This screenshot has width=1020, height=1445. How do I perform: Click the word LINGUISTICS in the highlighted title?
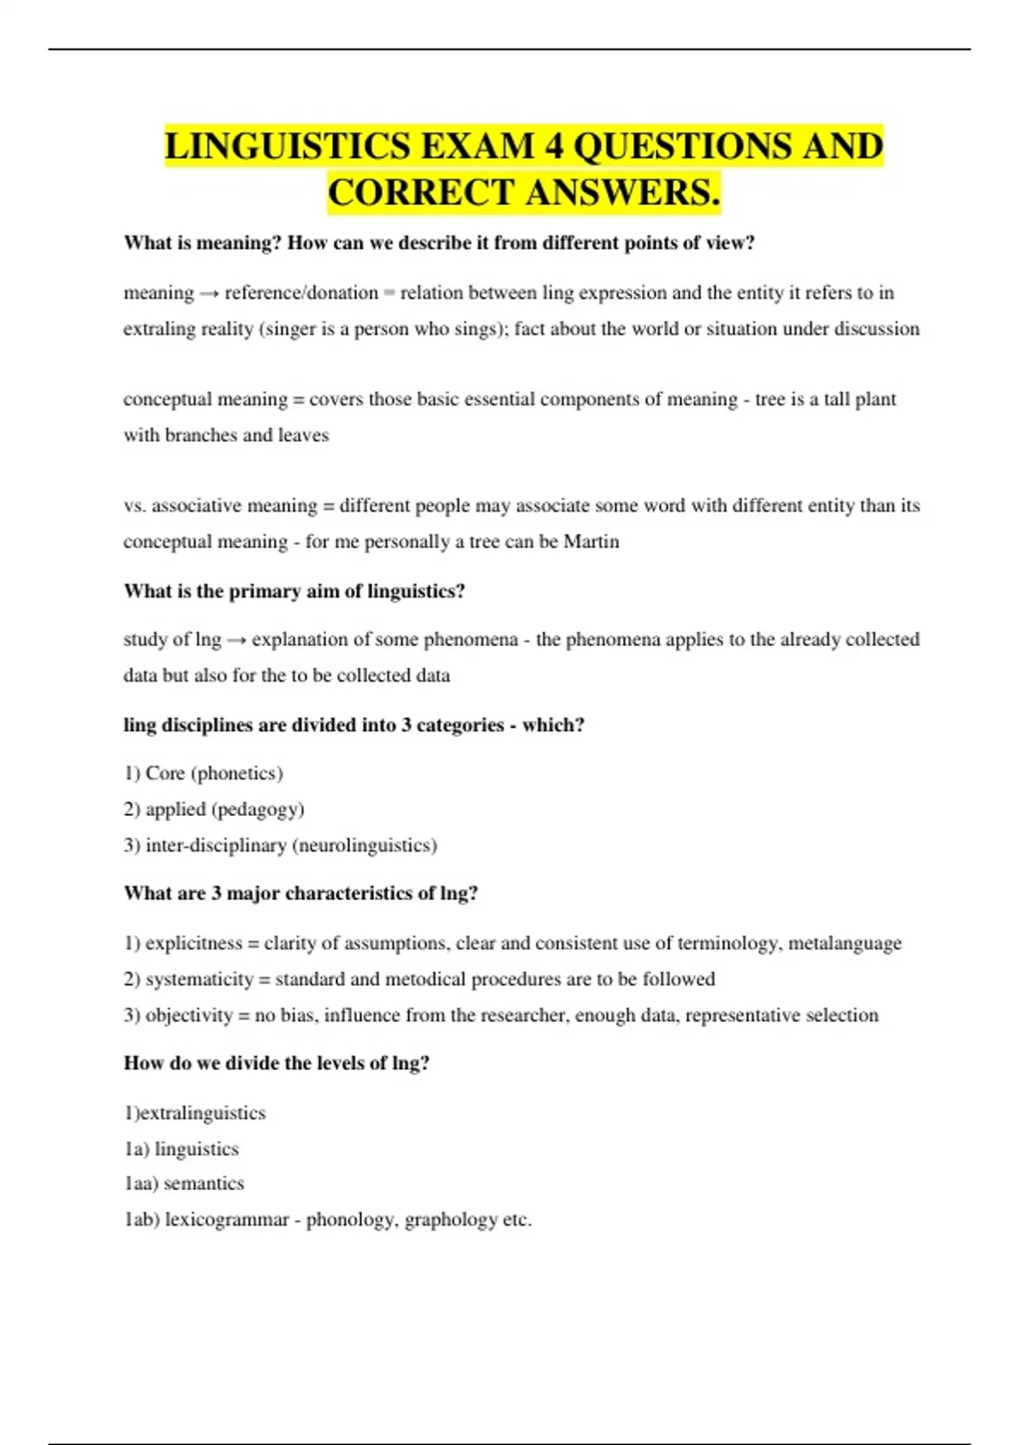[x=286, y=146]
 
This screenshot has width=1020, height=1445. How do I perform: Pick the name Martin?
[x=592, y=541]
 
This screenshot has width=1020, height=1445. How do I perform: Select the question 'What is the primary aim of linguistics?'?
[x=294, y=591]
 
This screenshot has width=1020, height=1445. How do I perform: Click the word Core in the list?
[x=165, y=773]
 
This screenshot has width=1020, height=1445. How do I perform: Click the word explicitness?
[x=194, y=943]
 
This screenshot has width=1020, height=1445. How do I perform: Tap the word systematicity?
[x=199, y=979]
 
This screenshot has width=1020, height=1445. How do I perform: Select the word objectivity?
[x=189, y=1015]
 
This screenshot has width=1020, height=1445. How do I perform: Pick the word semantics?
[x=203, y=1183]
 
